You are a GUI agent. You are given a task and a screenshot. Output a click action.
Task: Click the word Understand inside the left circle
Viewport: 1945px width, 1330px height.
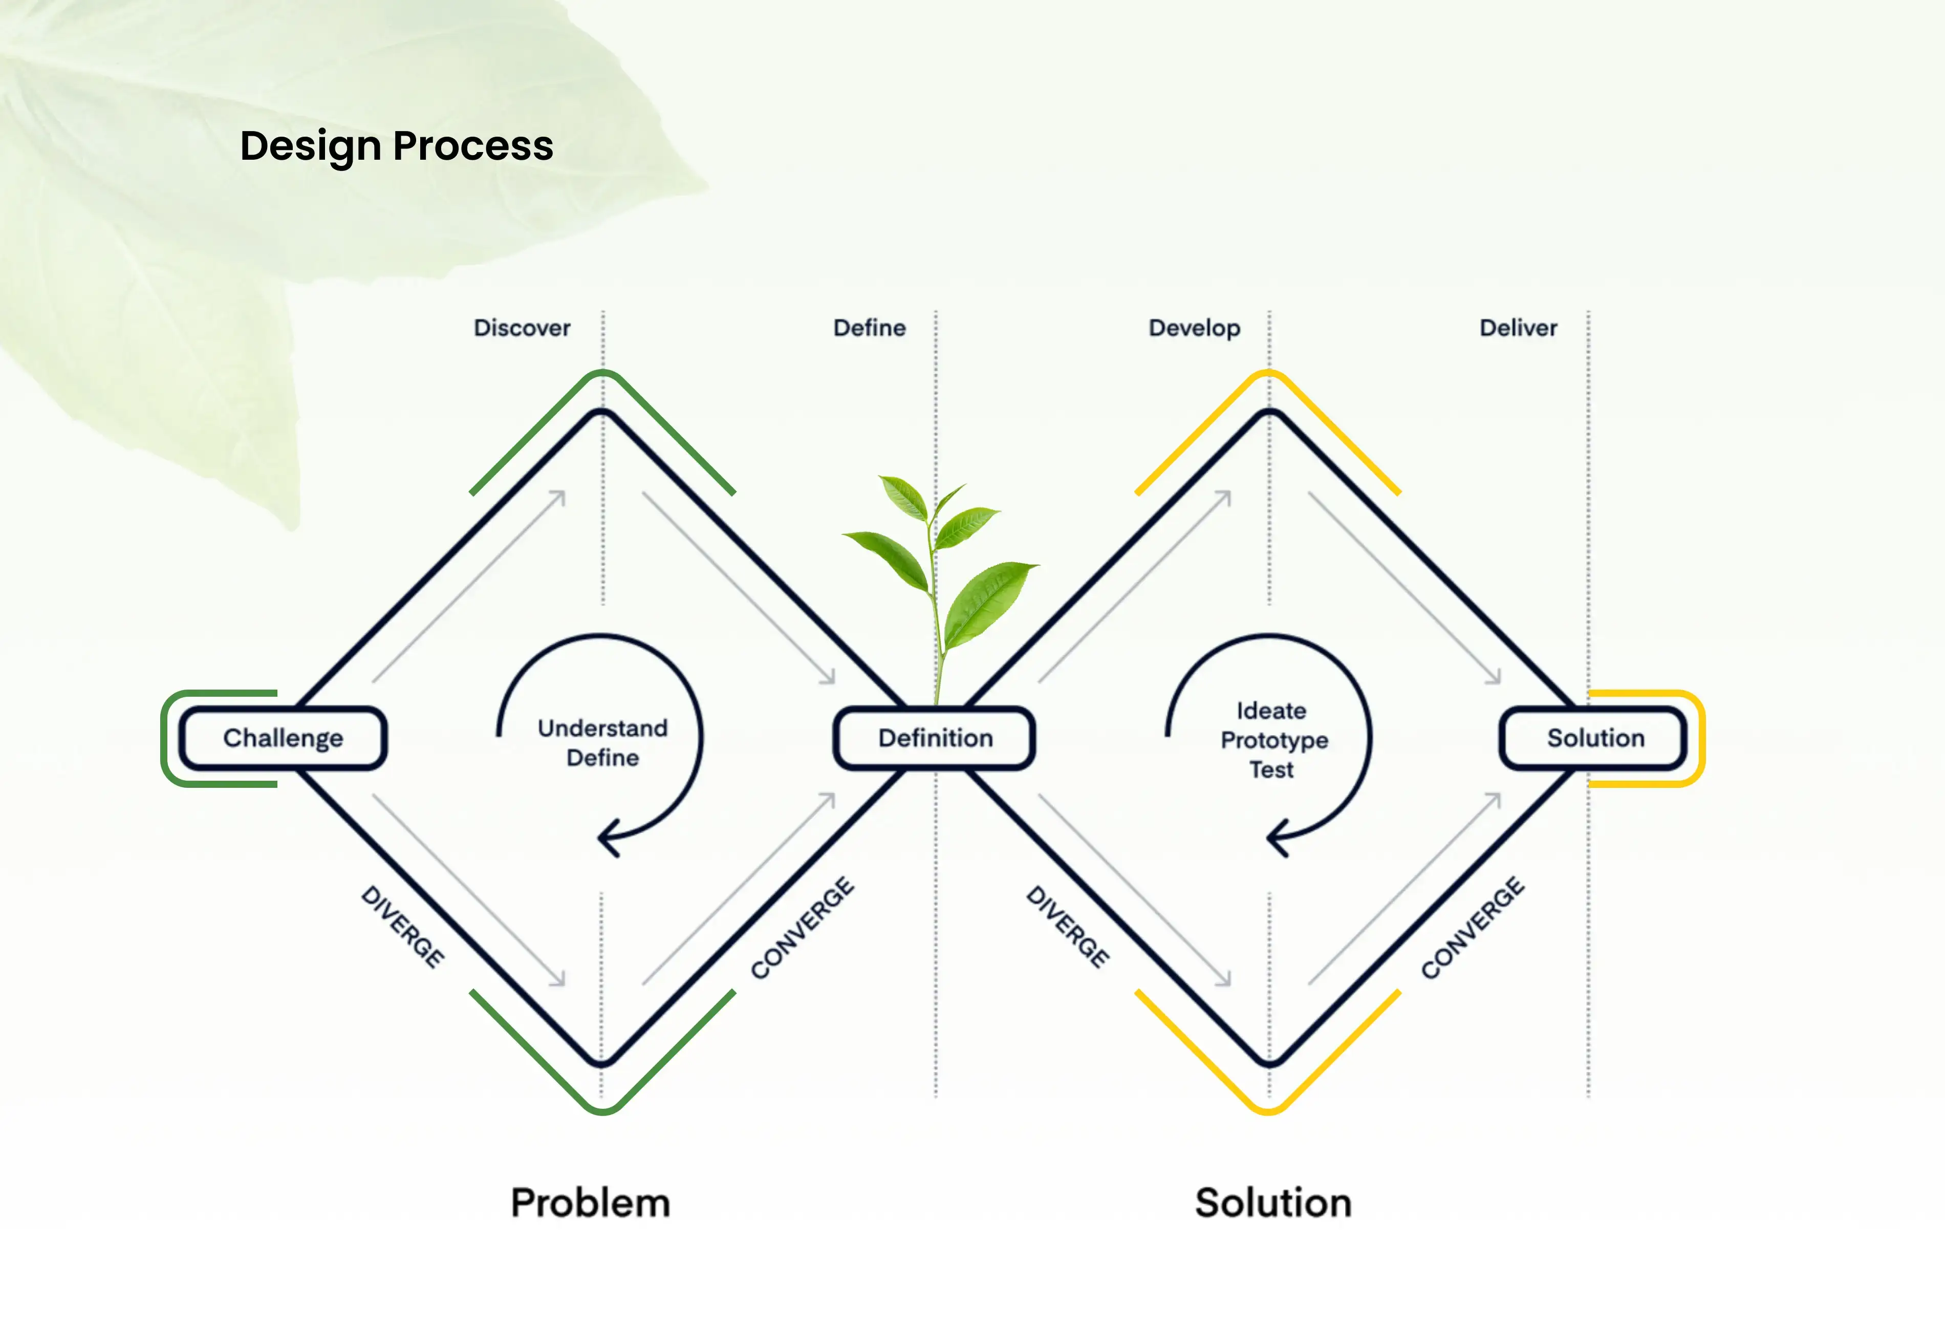602,728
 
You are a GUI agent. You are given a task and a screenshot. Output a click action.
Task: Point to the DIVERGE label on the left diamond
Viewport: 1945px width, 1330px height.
402,926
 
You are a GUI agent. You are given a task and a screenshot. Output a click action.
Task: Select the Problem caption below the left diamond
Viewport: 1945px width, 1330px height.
590,1203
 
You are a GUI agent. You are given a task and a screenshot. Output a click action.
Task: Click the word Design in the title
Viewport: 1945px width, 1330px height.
311,146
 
